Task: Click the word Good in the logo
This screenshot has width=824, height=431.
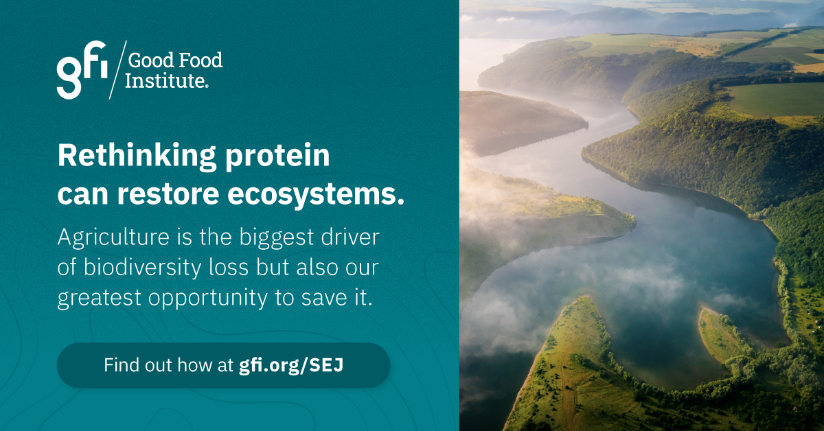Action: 150,60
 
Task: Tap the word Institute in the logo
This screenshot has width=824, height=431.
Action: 164,80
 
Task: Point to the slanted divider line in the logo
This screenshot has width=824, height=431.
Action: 117,70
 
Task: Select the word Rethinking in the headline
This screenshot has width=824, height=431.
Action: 137,156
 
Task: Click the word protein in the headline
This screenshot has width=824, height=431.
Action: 277,157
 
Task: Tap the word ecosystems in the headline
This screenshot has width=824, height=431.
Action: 316,195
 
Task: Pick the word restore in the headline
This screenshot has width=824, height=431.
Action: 168,194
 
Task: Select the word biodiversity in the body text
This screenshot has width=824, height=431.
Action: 142,267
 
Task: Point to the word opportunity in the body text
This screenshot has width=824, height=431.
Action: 208,298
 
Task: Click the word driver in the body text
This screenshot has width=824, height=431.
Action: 350,237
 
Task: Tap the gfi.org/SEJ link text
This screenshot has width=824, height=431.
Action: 291,365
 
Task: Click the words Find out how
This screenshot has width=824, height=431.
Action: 157,365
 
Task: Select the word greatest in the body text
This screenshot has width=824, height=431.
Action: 100,299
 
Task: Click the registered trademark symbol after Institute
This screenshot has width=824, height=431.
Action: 207,86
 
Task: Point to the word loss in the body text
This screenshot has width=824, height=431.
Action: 229,268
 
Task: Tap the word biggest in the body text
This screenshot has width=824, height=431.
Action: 277,238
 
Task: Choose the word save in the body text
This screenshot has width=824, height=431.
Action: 324,299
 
